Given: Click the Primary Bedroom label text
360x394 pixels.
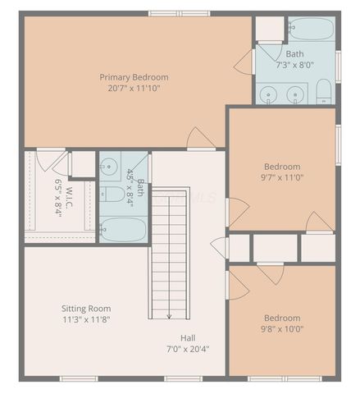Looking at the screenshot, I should (x=137, y=77).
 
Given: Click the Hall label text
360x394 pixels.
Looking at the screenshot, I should (x=188, y=337).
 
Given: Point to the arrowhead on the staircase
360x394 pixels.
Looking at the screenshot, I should (x=169, y=315).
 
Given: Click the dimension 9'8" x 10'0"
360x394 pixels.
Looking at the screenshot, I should (x=281, y=329).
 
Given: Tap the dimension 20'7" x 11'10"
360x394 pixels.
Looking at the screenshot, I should (x=137, y=88).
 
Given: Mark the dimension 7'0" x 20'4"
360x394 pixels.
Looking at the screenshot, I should (x=188, y=348).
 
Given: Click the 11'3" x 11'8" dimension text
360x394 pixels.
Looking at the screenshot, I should (x=85, y=319).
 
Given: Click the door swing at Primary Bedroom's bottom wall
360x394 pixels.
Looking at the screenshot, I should (x=200, y=139).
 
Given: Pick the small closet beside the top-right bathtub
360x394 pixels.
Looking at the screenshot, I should (x=269, y=28).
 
